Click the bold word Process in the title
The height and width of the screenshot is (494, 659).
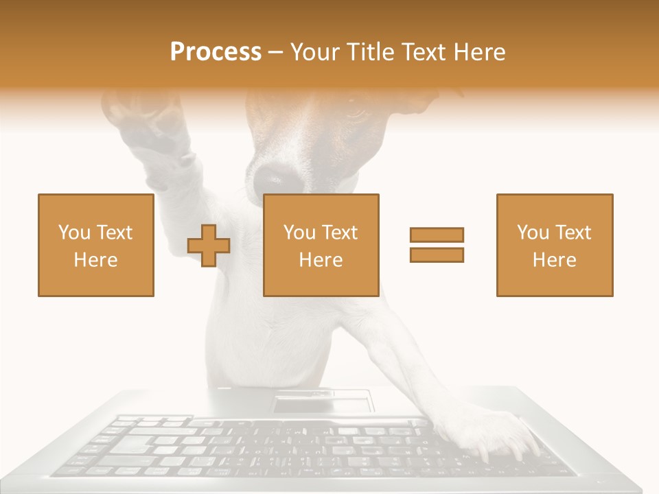point(216,52)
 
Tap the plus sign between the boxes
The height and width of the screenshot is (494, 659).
point(209,246)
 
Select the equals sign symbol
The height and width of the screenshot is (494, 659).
point(437,245)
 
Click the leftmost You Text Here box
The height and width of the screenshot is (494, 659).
point(96,245)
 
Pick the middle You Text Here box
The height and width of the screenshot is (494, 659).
point(321,245)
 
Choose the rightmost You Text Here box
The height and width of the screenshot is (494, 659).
point(555,245)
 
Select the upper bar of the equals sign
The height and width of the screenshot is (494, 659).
point(437,235)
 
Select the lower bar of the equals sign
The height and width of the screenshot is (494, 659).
point(437,255)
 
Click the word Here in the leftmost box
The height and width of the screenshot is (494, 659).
point(96,259)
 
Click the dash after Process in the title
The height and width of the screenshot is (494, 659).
point(276,53)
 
